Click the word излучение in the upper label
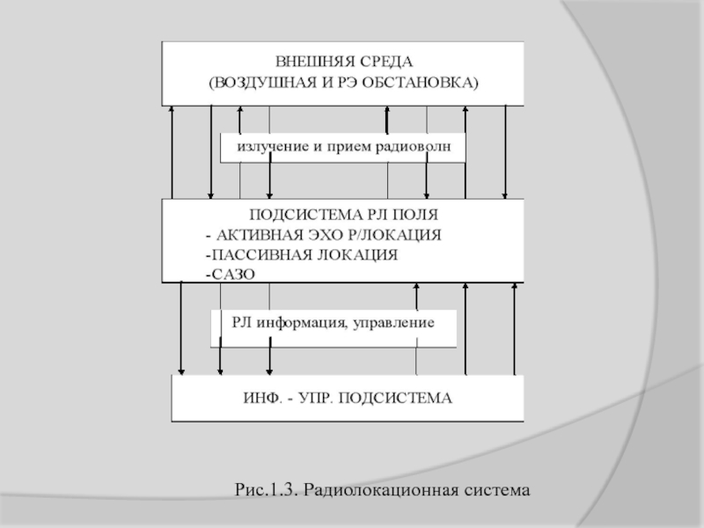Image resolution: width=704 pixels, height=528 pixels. (x=268, y=147)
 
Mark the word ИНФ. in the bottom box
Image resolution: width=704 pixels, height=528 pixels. (x=262, y=398)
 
